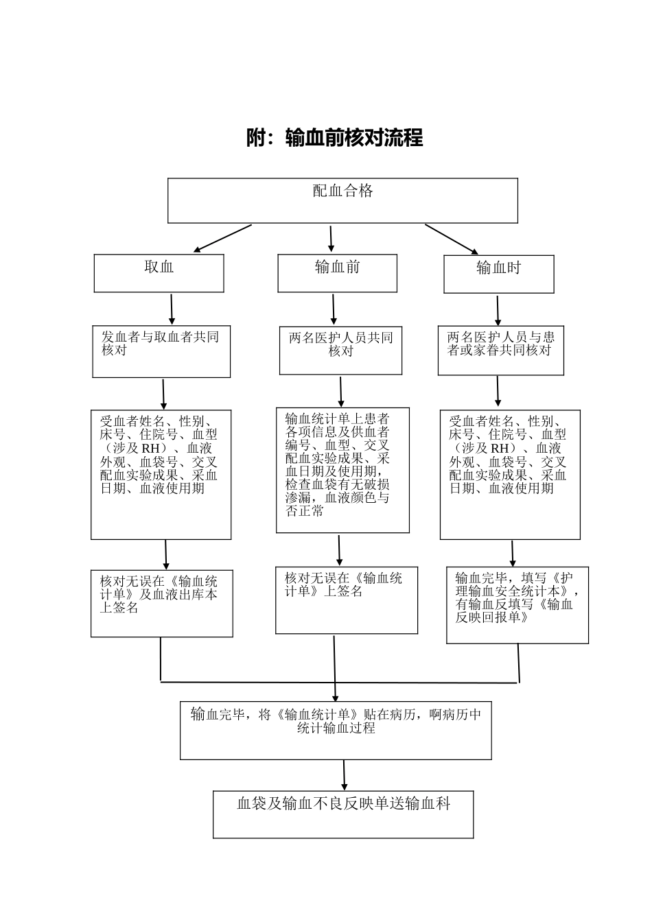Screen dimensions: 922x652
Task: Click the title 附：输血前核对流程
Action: (x=334, y=138)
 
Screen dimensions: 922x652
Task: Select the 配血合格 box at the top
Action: (x=342, y=200)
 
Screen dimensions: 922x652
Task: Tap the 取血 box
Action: (x=159, y=273)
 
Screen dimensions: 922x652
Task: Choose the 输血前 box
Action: (x=337, y=273)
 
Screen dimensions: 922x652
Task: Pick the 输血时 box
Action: (x=498, y=274)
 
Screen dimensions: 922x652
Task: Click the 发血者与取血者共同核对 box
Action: (x=161, y=351)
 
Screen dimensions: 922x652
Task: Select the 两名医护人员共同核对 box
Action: (x=340, y=351)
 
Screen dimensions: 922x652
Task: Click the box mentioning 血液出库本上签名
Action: (x=161, y=602)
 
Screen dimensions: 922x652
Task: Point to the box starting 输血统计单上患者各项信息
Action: (x=342, y=470)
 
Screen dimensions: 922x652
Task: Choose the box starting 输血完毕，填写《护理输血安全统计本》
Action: (x=517, y=604)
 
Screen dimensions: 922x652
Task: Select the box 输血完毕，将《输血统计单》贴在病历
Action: (x=336, y=730)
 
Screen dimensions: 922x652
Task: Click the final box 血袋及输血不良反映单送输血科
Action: (x=343, y=814)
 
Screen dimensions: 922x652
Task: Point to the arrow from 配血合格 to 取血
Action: (x=222, y=239)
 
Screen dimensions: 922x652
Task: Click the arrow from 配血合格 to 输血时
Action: (x=451, y=239)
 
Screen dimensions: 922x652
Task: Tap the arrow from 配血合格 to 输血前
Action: (x=331, y=239)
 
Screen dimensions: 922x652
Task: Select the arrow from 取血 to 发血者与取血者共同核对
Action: (x=172, y=309)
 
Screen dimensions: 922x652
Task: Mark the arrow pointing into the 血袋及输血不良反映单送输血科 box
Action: (x=344, y=775)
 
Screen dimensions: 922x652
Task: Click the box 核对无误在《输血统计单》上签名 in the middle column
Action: (x=346, y=600)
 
